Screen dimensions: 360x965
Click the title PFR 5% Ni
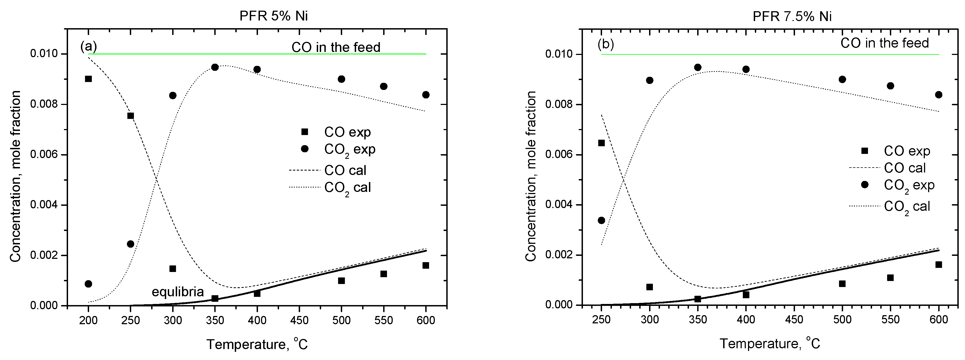point(274,16)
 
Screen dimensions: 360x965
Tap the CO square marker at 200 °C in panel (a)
point(88,79)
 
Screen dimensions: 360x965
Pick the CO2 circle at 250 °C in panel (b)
point(601,220)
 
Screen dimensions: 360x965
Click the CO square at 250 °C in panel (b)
point(601,143)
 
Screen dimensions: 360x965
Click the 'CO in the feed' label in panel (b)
point(884,43)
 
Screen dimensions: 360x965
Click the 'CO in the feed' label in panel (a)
point(336,47)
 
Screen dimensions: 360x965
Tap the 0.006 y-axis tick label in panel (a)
point(44,154)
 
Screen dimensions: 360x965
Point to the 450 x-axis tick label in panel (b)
point(794,320)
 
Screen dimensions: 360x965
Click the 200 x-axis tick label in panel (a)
point(88,320)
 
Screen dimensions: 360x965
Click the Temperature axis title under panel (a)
point(257,344)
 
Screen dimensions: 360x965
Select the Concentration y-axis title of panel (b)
point(530,176)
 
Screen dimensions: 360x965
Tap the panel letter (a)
point(88,46)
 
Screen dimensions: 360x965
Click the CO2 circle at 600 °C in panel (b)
point(938,95)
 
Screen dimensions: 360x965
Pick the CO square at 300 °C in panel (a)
point(173,269)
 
